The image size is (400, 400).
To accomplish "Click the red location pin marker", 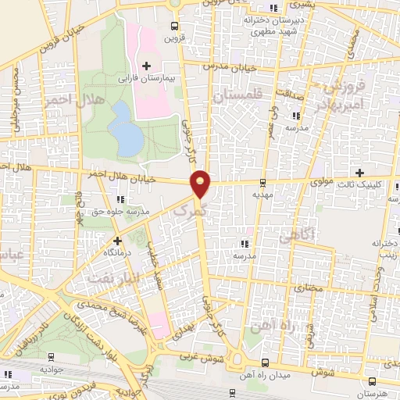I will pos(201,183).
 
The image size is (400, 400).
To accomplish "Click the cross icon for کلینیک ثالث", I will pos(359,173).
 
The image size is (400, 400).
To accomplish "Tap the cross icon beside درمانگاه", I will pos(117,241).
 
